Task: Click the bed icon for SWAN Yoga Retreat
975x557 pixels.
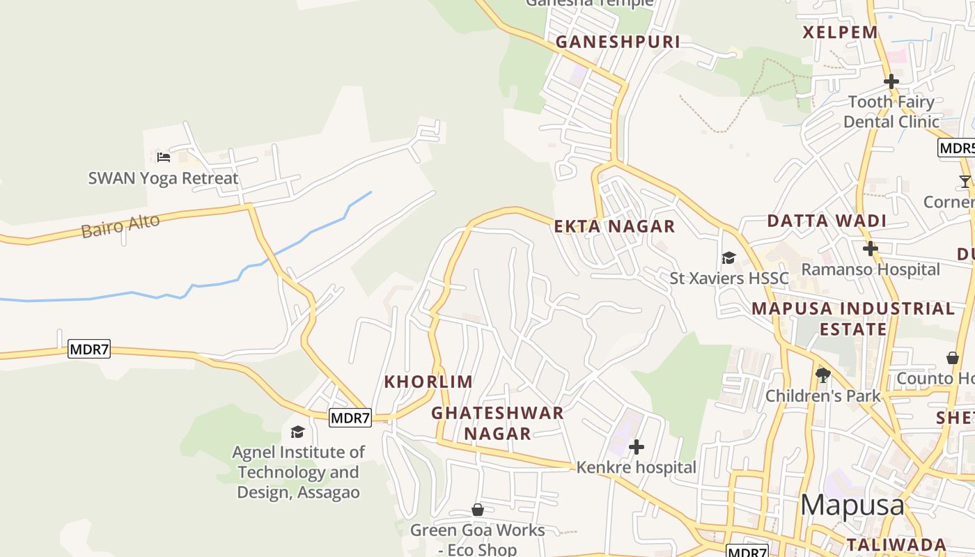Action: coord(164,157)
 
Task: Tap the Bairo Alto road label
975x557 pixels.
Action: coord(120,226)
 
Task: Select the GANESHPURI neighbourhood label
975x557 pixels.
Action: coord(618,42)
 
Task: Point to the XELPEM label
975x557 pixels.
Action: coord(841,32)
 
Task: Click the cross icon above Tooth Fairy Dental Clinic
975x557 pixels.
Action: coord(891,81)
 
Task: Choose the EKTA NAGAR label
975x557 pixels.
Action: coord(614,226)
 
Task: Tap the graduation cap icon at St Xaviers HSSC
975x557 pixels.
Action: coord(728,258)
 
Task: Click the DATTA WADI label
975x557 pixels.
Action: coord(827,221)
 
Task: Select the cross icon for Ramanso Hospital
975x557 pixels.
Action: coord(870,249)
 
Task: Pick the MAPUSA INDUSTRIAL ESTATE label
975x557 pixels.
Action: coord(853,318)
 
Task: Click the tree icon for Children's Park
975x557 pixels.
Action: coord(822,375)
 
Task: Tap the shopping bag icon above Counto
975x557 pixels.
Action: coord(953,358)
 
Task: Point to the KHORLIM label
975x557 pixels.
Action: coord(428,382)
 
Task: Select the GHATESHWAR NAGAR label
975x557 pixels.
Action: coord(497,423)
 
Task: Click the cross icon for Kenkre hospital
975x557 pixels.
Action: coord(636,446)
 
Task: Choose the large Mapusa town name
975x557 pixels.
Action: coord(852,505)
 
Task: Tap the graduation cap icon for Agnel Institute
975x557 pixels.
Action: coord(297,432)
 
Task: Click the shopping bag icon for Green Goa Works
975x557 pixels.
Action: coord(478,510)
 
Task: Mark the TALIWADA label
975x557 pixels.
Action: coord(896,544)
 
